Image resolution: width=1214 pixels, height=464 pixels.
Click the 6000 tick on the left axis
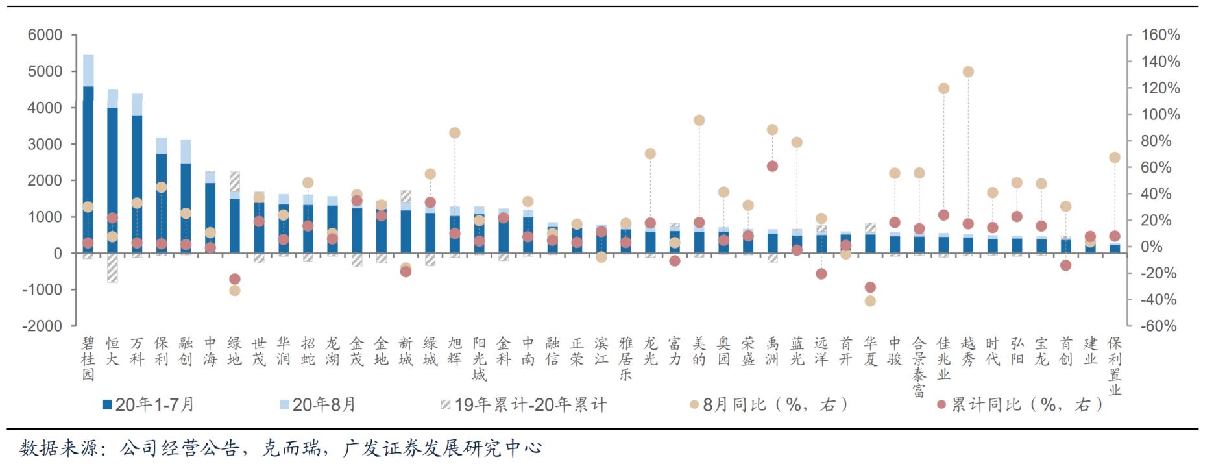45,35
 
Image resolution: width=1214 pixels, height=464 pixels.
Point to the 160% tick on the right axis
1161,35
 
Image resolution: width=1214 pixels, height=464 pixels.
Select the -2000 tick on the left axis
42,326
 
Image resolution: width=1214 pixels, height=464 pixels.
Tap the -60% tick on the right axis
1158,326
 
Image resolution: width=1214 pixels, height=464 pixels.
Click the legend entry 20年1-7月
149,405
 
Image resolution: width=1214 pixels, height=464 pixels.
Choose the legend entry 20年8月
317,405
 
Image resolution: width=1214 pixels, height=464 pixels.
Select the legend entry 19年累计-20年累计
524,405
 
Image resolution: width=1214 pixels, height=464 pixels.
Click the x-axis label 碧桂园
88,359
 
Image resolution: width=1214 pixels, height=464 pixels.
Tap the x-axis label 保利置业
1115,366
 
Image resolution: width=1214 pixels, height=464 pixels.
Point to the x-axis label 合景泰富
919,366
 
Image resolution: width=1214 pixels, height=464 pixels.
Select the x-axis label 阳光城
479,359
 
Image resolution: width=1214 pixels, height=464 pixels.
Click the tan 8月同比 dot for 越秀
968,72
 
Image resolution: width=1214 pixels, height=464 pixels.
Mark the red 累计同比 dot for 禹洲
772,166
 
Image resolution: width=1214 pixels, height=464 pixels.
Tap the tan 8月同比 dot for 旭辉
455,133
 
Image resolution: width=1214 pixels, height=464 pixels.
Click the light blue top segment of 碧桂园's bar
88,70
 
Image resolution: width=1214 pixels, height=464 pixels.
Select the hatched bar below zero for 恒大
113,267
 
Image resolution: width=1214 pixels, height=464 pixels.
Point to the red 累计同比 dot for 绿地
235,279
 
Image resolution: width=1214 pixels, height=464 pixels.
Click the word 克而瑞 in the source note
289,448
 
